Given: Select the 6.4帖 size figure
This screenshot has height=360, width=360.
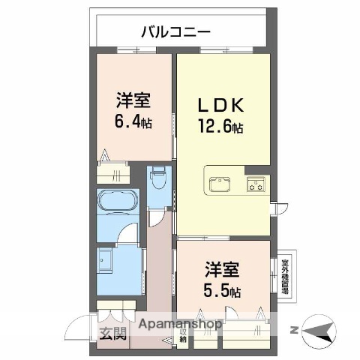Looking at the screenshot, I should (x=133, y=120).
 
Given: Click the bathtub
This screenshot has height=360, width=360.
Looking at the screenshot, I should (x=117, y=203).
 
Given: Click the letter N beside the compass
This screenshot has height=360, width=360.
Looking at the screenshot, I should (x=294, y=330).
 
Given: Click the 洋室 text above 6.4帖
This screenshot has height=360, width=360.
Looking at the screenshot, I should (x=133, y=100).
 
